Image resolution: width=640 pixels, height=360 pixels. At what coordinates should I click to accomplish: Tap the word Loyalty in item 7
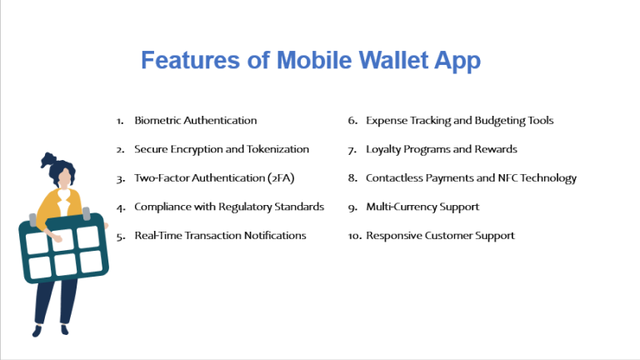(384, 149)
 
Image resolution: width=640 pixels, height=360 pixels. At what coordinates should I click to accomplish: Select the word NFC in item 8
(507, 178)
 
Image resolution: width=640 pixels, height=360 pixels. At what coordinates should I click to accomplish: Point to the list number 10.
(354, 236)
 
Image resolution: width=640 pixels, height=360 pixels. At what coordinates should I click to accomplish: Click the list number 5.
(121, 236)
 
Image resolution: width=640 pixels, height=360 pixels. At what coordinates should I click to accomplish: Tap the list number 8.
(352, 178)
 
